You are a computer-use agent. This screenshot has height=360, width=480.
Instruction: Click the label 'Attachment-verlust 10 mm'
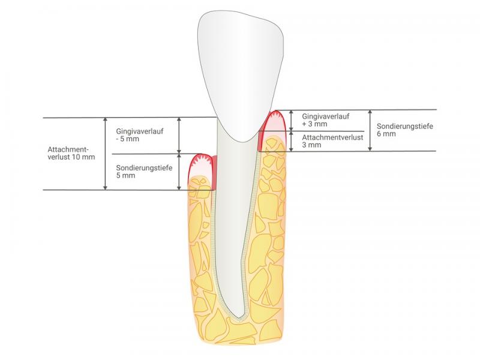click(71, 153)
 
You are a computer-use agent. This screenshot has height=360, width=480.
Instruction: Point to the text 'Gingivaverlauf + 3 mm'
click(325, 120)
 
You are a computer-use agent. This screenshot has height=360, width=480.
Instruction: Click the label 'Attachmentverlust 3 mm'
click(332, 141)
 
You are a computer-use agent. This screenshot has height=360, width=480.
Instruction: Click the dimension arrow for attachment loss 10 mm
click(106, 154)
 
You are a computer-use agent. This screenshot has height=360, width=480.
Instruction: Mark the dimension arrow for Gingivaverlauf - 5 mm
click(179, 135)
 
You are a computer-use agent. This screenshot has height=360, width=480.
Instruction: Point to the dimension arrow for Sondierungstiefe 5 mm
click(179, 172)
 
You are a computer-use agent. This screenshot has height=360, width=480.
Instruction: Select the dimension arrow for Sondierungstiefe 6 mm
click(370, 130)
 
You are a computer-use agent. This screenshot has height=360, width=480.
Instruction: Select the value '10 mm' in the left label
click(83, 157)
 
